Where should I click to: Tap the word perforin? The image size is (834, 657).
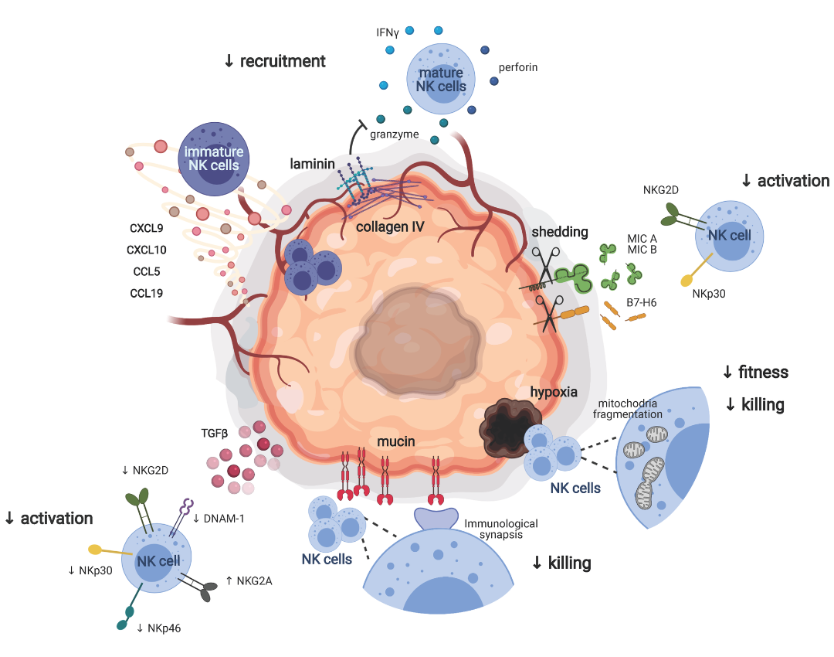(x=518, y=67)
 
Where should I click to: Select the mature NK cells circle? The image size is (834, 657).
(x=441, y=78)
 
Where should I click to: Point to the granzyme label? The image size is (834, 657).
(x=394, y=134)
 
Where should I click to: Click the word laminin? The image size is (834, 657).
(x=312, y=164)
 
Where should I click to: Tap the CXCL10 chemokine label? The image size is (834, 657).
(x=147, y=250)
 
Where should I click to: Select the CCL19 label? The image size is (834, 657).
(x=147, y=293)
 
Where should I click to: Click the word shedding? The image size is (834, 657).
(x=560, y=233)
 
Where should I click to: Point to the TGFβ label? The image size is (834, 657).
(x=214, y=434)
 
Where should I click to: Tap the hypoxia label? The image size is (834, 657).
(x=553, y=392)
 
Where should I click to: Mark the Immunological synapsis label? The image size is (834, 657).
(x=501, y=529)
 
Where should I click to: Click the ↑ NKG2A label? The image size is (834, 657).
(x=249, y=581)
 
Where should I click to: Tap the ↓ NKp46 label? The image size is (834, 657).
(x=161, y=628)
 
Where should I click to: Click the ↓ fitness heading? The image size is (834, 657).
(x=755, y=373)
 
